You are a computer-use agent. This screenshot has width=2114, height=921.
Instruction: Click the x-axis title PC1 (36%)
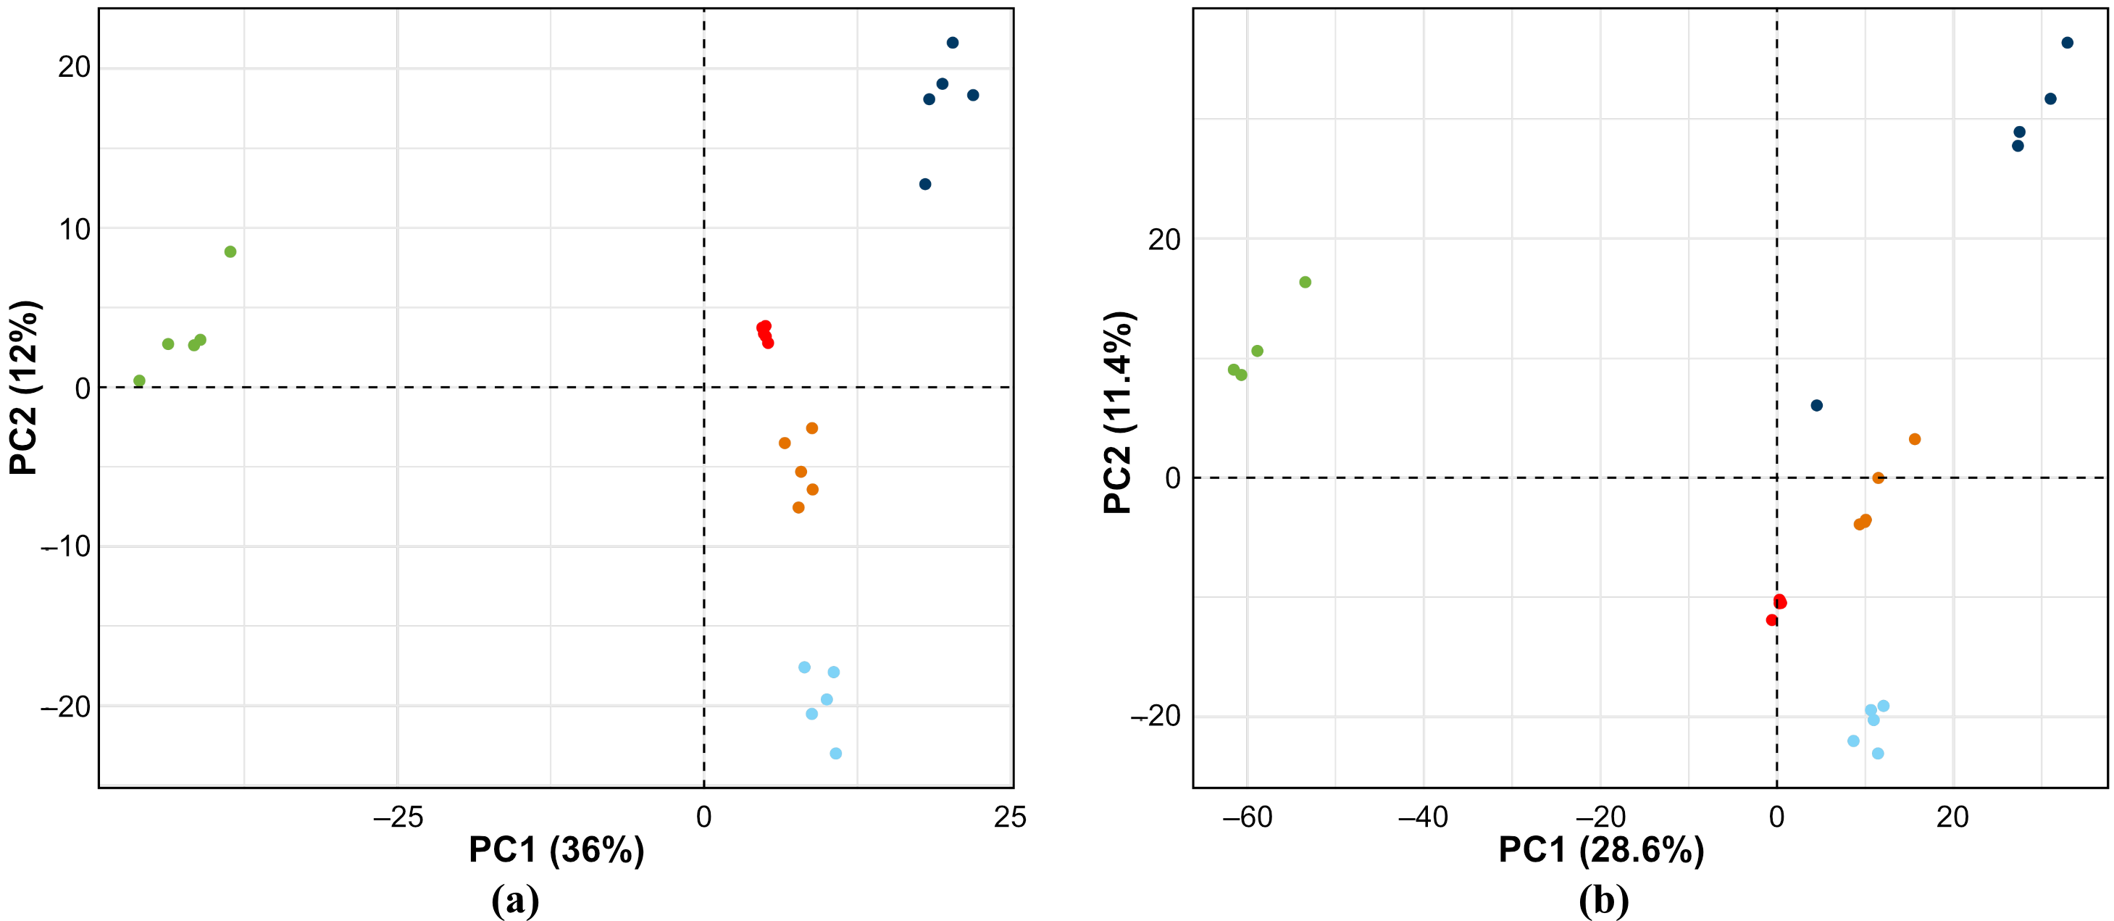tap(556, 849)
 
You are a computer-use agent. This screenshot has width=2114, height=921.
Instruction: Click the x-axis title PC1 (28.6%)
tap(1601, 849)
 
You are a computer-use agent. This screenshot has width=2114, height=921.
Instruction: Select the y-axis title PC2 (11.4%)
tap(1118, 413)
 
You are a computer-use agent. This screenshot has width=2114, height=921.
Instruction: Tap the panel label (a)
tap(514, 901)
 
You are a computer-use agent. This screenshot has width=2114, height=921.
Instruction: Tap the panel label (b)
tap(1603, 901)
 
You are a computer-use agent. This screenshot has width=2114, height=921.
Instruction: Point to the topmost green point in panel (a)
tap(230, 252)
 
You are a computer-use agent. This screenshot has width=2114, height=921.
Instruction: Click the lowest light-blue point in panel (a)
tap(835, 754)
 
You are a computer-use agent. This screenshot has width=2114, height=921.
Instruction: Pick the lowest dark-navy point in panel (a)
tap(925, 184)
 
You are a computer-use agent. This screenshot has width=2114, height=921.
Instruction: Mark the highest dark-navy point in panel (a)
tap(952, 43)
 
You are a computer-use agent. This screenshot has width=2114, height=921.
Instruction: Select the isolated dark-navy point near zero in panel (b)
tap(1816, 406)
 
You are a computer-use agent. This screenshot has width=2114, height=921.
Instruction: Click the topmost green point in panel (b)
tap(1305, 283)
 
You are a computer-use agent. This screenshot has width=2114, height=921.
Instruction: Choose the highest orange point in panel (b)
tap(1915, 439)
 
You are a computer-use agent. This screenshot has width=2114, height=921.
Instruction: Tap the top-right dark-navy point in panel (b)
tap(2067, 43)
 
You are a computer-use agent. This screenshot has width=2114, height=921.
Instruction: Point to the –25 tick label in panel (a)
tap(397, 817)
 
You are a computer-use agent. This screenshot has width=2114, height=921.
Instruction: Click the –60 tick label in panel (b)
tap(1246, 817)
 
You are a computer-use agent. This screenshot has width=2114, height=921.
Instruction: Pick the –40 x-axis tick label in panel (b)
tap(1422, 817)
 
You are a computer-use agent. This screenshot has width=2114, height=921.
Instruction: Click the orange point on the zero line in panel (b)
tap(1878, 478)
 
